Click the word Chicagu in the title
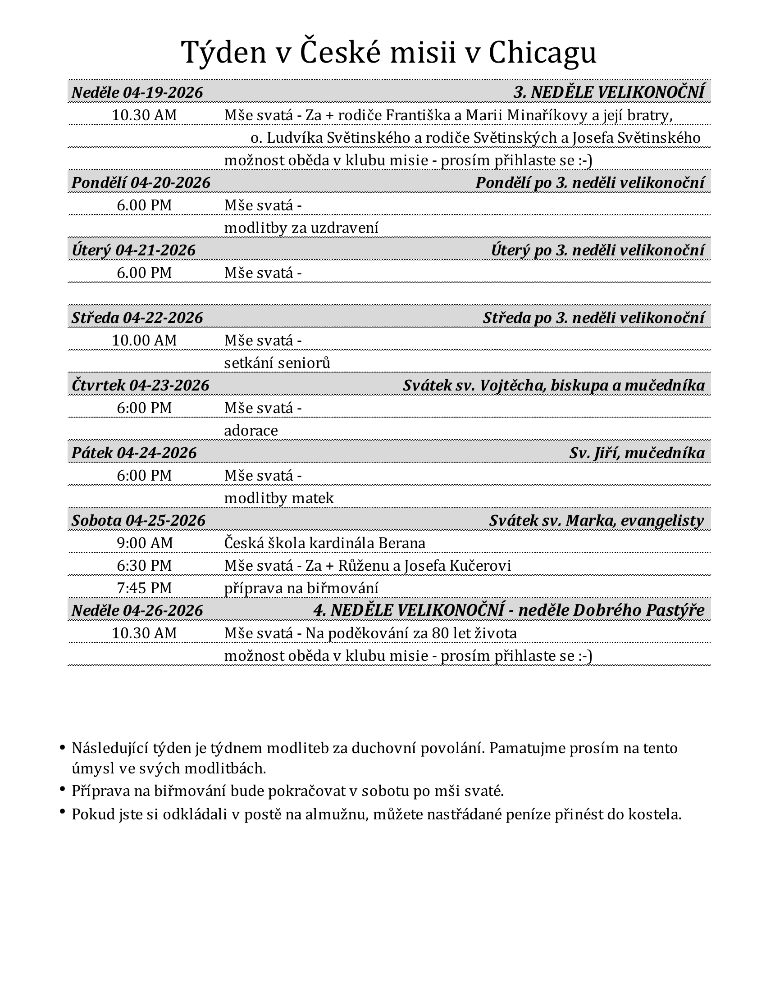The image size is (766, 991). tap(542, 53)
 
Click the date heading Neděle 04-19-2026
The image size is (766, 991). tap(137, 92)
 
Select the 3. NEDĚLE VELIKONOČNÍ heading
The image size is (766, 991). tap(609, 92)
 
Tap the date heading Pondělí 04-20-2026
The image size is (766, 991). tap(141, 183)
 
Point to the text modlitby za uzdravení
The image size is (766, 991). tap(301, 228)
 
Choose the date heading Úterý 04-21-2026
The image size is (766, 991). tap(133, 250)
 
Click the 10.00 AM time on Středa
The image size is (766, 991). tap(144, 340)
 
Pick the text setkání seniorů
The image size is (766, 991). tap(277, 363)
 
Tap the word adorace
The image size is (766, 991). tap(251, 431)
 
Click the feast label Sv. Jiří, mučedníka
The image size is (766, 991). tap(637, 453)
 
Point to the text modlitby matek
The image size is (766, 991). tap(278, 498)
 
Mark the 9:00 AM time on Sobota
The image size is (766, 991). tap(144, 543)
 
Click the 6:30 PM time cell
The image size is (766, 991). tap(144, 566)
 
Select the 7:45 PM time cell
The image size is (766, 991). tap(144, 588)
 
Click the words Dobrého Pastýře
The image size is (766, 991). tap(638, 610)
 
